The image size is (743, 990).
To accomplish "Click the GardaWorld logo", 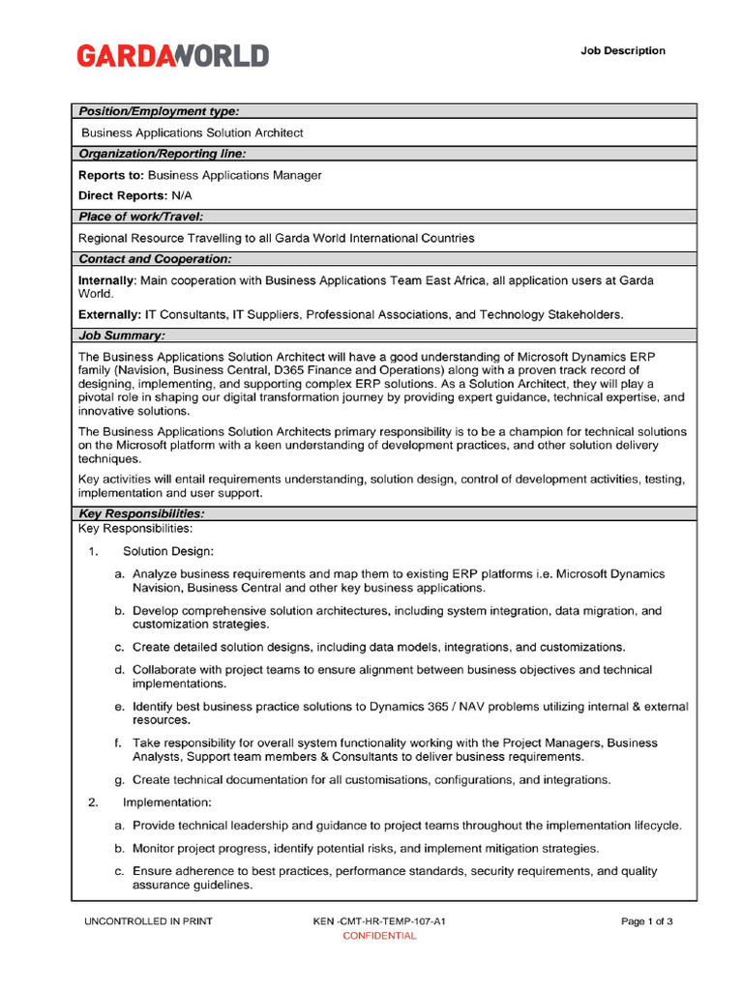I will coord(173,55).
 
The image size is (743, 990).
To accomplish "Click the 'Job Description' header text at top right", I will coord(622,50).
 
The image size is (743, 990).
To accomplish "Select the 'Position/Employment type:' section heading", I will coord(159,111).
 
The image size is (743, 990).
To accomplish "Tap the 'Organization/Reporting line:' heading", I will coord(162,154).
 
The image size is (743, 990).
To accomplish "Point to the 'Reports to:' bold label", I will coord(110,175).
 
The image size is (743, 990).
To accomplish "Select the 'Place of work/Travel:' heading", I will coord(140,217).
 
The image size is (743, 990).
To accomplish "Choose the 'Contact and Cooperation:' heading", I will coord(155,259).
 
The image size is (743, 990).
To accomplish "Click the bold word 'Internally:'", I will coord(107,280).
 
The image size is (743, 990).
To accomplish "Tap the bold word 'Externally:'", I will coord(108,314).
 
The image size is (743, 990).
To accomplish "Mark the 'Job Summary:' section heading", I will coord(121,335).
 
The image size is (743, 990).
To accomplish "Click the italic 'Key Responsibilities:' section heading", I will coord(140,513).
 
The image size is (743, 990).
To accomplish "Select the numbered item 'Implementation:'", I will coord(166,803).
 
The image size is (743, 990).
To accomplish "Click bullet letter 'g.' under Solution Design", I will coord(119,780).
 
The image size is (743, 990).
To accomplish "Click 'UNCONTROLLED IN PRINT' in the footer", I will coord(148,921).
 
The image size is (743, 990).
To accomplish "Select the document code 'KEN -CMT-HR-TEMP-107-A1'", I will coord(379,921).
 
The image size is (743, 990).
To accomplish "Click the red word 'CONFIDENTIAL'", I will coord(379,936).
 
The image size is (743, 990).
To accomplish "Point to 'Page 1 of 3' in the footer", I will coord(646,921).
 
